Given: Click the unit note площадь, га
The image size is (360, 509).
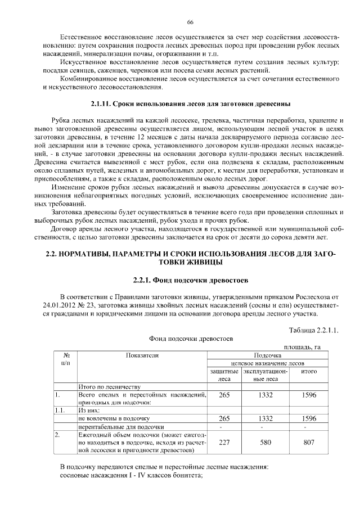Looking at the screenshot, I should coord(302,347).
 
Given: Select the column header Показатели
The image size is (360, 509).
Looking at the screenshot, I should coord(142,355).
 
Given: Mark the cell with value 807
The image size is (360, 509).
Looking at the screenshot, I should coord(309,442).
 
